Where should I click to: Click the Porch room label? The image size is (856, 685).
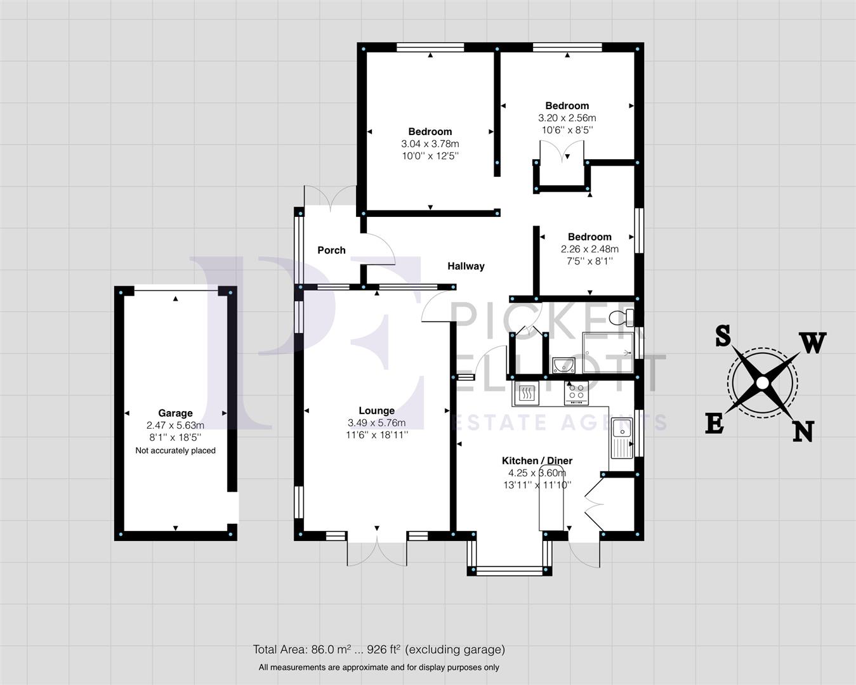[331, 251]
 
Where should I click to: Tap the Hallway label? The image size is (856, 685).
[466, 266]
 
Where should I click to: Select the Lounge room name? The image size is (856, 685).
[376, 411]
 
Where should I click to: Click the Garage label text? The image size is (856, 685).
[175, 414]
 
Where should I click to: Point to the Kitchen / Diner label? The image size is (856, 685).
[537, 461]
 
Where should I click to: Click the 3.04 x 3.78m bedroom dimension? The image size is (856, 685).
[430, 144]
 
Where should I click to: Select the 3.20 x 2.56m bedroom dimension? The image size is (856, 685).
[567, 118]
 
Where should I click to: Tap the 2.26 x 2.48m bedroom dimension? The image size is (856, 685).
[589, 249]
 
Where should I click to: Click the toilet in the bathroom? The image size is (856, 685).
[620, 316]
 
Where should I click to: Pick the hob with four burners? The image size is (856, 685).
[577, 394]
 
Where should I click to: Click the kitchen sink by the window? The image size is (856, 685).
[621, 438]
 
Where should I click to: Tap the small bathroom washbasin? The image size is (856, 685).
[563, 365]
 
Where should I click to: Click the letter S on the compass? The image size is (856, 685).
[722, 336]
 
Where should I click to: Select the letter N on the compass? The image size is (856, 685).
[803, 431]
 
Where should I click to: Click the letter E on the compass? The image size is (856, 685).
[714, 423]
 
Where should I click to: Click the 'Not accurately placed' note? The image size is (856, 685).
[175, 451]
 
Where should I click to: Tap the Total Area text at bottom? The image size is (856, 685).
[379, 649]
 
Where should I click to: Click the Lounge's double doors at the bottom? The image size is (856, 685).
[377, 549]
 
